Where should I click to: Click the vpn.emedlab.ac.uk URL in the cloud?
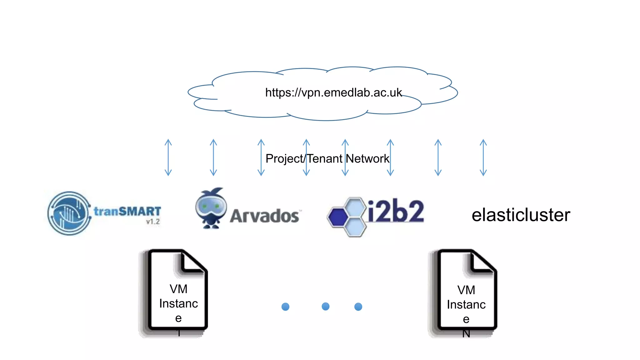pos(333,92)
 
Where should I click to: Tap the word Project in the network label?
pos(284,159)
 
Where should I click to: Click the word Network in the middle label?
pos(367,159)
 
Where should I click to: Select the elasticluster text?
pos(521,215)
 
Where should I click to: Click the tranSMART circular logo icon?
pos(69,213)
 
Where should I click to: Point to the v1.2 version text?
pos(153,222)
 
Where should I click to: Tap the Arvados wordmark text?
pos(264,216)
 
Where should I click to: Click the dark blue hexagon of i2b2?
pos(338,217)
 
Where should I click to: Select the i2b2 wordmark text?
pos(396,211)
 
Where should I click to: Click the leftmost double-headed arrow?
pos(168,157)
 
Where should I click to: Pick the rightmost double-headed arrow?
pos(483,157)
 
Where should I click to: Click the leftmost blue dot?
pos(285,307)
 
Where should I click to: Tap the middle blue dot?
pos(325,306)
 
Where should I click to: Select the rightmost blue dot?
pos(358,307)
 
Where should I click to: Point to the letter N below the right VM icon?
pos(466,334)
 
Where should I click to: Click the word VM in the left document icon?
pos(178,289)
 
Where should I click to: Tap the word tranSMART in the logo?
pos(127,211)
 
